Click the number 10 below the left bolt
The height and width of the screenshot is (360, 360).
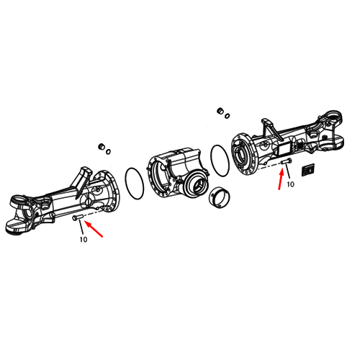click(84, 239)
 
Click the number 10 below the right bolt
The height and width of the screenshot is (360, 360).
click(290, 184)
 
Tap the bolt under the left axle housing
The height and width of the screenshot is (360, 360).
click(78, 217)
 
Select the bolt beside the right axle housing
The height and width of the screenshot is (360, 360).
click(287, 162)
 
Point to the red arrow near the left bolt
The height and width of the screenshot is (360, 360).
click(94, 230)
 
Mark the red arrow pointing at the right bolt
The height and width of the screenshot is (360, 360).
click(281, 179)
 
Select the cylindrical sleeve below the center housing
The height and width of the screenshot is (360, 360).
click(220, 197)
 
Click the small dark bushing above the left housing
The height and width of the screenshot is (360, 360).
click(102, 146)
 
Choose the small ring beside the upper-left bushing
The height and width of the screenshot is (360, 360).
click(108, 152)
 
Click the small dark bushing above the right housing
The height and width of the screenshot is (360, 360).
click(220, 111)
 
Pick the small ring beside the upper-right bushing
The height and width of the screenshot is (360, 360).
click(227, 116)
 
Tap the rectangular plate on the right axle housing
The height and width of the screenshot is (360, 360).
click(284, 148)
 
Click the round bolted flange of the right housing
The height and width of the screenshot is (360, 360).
click(243, 153)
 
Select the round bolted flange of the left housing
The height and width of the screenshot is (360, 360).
click(107, 191)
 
